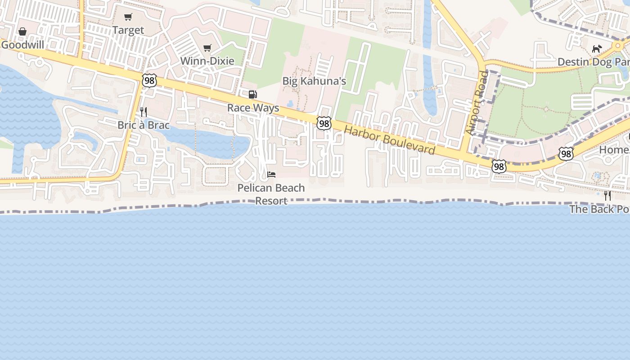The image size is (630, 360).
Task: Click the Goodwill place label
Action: (22, 45)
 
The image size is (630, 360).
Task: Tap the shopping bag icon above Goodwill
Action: (22, 31)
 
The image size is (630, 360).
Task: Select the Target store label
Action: (128, 30)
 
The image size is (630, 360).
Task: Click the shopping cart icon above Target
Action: (128, 17)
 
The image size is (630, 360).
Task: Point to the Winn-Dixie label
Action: (207, 61)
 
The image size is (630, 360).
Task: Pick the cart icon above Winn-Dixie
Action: (207, 48)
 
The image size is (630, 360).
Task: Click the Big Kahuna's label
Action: (314, 81)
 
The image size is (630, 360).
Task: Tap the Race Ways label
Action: (253, 108)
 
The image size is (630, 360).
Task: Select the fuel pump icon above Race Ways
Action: (253, 94)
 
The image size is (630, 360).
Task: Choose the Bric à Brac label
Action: (144, 125)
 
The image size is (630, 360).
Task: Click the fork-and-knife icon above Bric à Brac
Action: (144, 112)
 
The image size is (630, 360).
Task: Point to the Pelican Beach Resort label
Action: (271, 194)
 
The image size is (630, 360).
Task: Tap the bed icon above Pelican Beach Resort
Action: (271, 175)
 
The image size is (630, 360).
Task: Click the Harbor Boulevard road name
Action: (390, 140)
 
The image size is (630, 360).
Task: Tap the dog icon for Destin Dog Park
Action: (597, 49)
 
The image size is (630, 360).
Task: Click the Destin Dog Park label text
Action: (593, 62)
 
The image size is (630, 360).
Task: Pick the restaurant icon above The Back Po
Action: (607, 196)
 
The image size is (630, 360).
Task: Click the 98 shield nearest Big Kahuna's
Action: (324, 123)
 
